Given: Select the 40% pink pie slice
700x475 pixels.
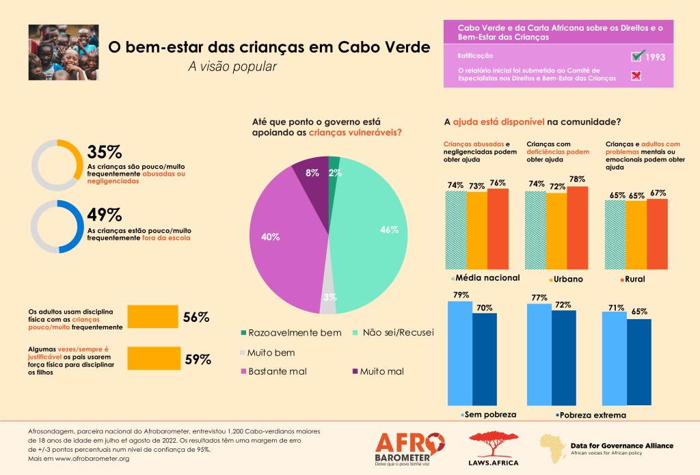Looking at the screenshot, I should [280, 239].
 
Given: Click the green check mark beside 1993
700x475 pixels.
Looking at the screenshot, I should [638, 55].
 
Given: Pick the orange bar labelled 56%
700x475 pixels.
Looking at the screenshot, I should [153, 316].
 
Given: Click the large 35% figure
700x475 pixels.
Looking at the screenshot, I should [104, 152].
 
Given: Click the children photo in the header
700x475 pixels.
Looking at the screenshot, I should [64, 53].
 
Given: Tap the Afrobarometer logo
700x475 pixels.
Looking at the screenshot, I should [410, 448].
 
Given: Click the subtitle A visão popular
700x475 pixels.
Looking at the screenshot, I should [232, 66].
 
